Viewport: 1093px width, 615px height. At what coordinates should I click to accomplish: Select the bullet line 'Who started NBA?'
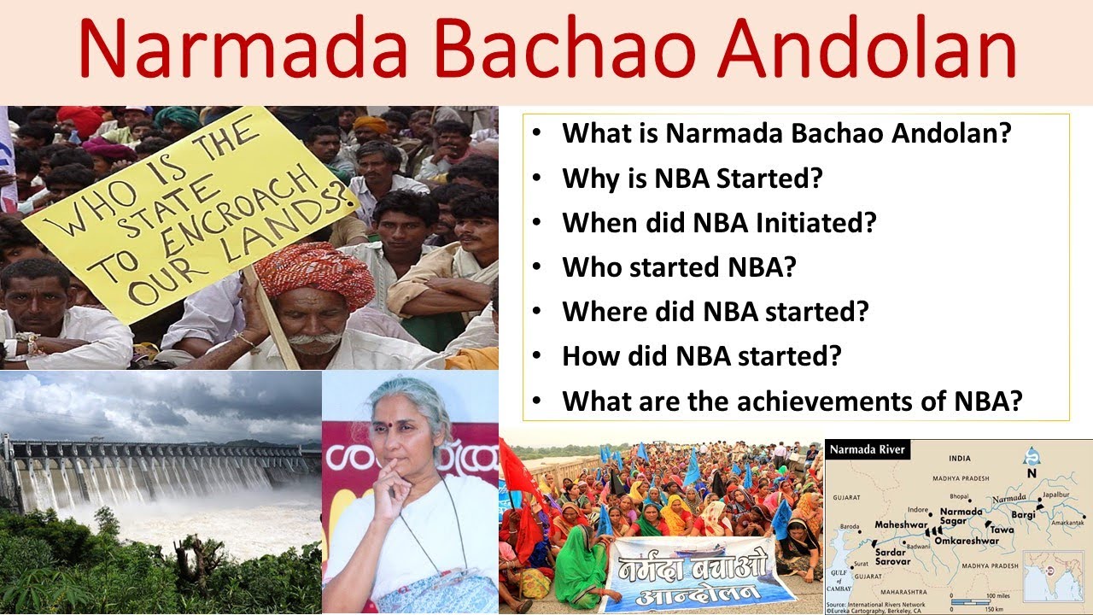(x=679, y=266)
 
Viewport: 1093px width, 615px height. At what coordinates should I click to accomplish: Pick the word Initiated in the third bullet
(x=815, y=222)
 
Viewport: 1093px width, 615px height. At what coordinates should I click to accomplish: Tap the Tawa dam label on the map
(x=1002, y=530)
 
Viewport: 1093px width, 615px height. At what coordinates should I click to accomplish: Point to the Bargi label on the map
(x=1023, y=516)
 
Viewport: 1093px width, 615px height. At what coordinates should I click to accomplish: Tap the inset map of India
(x=1055, y=574)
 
